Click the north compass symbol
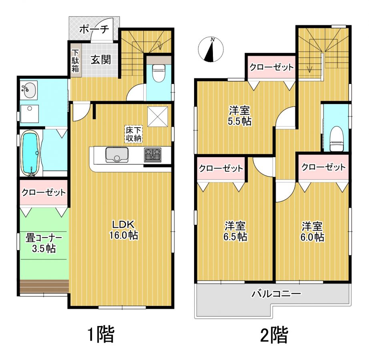click(211, 50)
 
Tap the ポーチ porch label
click(94, 29)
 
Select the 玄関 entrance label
click(101, 60)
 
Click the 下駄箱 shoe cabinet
click(76, 61)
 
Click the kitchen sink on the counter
click(117, 155)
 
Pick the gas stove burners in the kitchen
click(153, 155)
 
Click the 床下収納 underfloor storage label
click(133, 134)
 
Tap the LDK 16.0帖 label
click(124, 230)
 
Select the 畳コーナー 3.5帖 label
click(44, 243)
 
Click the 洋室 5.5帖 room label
click(239, 116)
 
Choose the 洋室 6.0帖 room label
click(312, 231)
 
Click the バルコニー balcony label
click(276, 294)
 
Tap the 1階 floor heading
click(101, 334)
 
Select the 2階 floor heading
click(274, 334)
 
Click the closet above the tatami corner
click(44, 193)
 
